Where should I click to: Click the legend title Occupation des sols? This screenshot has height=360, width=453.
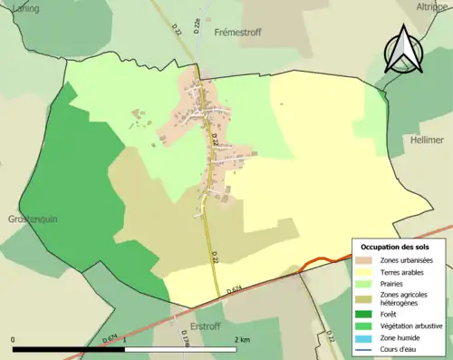point(395,247)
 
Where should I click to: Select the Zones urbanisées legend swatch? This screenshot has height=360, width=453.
point(368,261)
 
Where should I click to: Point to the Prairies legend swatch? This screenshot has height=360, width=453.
point(368,283)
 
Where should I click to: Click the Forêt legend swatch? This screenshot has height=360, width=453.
point(368,314)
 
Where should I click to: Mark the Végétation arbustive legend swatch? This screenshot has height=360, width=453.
point(368,325)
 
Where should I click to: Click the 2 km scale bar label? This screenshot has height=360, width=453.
point(241,340)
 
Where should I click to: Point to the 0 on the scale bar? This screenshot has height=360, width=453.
point(14,340)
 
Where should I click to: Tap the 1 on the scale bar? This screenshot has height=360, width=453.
point(125,340)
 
